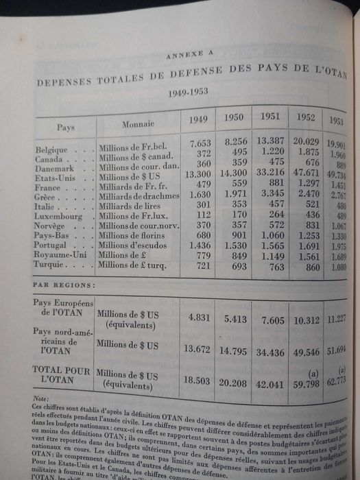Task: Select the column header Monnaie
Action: coord(138,124)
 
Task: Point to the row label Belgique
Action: coord(51,148)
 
